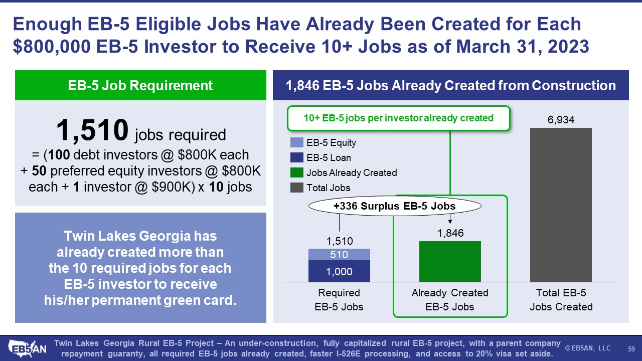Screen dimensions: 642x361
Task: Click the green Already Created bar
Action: [450, 262]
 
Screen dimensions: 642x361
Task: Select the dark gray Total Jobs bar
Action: [561, 205]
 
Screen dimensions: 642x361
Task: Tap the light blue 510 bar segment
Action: [339, 254]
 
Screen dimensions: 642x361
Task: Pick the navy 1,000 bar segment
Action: [339, 271]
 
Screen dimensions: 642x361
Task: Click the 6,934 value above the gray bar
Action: [561, 120]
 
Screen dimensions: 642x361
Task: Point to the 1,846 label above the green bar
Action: [450, 233]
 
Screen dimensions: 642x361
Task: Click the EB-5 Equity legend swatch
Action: [296, 142]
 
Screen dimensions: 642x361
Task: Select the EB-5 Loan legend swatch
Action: [296, 157]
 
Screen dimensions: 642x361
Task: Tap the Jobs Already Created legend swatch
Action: [296, 172]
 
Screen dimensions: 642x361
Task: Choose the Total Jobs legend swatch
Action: [296, 188]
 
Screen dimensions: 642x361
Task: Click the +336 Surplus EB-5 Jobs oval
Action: [395, 206]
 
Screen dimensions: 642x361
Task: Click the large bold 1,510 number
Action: [92, 130]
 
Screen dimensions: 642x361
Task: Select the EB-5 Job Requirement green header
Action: [140, 85]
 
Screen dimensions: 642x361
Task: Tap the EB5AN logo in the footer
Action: [27, 348]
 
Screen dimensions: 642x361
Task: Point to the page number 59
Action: [631, 349]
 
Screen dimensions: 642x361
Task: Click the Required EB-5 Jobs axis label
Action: [339, 300]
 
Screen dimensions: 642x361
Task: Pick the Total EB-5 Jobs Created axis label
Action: [561, 300]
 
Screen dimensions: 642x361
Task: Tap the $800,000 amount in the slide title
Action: [52, 47]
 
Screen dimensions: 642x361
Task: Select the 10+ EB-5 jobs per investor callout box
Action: [399, 118]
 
